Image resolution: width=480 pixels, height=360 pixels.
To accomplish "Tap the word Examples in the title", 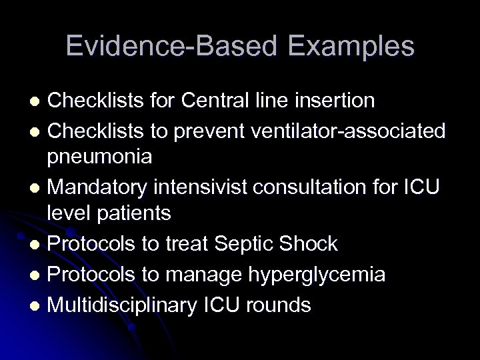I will (x=347, y=46).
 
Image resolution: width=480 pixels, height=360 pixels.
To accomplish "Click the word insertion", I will (x=335, y=101).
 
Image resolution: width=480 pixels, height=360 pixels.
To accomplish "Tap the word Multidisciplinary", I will (x=123, y=305).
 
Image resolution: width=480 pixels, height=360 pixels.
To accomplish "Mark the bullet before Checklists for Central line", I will (x=38, y=101).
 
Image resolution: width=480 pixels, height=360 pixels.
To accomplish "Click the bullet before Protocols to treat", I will (x=38, y=245).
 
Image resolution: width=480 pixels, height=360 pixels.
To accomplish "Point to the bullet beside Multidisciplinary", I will (x=38, y=306).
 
